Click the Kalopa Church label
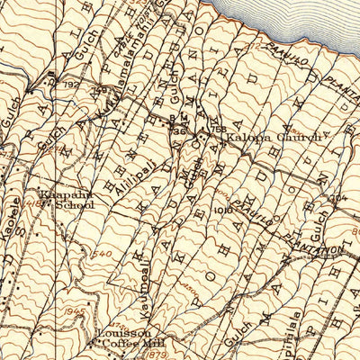click(x=260, y=138)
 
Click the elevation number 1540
click(x=102, y=256)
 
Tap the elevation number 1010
click(x=222, y=209)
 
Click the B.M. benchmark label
click(x=177, y=119)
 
